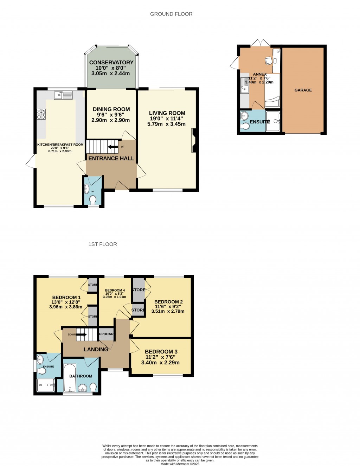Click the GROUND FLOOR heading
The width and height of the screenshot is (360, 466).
171,14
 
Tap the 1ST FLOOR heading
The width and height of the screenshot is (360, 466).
103,244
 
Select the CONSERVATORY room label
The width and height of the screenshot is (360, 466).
111,63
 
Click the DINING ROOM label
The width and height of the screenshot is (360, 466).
111,109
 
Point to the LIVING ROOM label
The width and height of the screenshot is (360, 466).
167,113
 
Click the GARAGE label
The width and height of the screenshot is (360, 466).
303,90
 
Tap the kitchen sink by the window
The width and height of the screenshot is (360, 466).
63,95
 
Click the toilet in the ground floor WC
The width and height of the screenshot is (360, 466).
93,200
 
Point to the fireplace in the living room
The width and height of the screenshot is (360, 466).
193,141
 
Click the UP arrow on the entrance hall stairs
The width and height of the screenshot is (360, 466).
113,147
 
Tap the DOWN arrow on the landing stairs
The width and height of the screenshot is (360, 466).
81,334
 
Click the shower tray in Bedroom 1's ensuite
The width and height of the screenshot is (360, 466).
46,385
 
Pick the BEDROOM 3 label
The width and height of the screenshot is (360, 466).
161,352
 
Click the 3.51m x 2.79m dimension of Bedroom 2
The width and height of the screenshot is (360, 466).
168,311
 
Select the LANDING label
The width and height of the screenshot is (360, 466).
96,350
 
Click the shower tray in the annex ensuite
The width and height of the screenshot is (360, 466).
273,121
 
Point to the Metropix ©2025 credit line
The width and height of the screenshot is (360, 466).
180,464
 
